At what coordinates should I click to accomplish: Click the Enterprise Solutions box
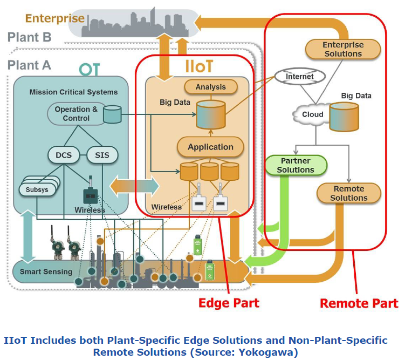[342, 49]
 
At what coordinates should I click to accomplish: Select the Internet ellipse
[299, 77]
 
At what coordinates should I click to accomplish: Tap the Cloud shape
[312, 114]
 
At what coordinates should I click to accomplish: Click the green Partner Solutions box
[296, 165]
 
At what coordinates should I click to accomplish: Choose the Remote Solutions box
[348, 193]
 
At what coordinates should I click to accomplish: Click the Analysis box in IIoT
[210, 86]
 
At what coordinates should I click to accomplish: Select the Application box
[210, 147]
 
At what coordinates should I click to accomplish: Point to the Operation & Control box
[76, 114]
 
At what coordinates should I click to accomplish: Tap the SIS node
[101, 155]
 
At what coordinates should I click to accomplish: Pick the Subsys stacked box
[36, 189]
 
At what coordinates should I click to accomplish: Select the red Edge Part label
[229, 303]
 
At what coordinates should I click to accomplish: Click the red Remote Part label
[359, 303]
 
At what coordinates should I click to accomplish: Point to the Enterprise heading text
[55, 18]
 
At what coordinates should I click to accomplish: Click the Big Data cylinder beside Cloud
[344, 117]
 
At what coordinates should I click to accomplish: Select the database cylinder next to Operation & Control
[112, 114]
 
